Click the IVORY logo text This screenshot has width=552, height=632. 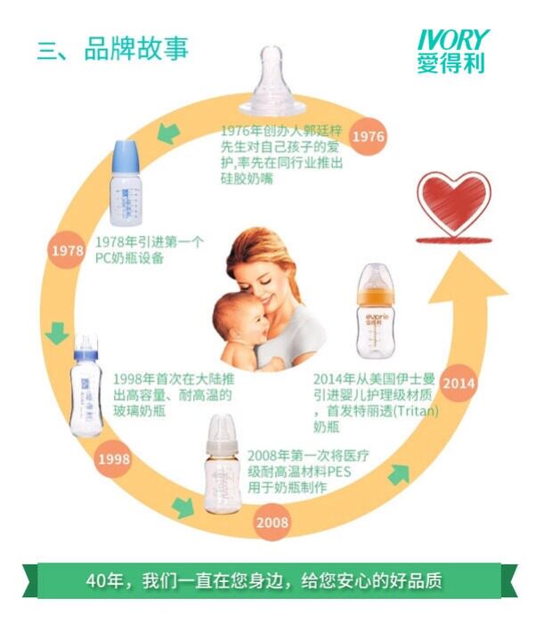(454, 40)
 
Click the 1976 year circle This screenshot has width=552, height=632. (368, 136)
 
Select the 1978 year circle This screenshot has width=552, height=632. (67, 251)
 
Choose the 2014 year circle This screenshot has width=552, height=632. (459, 383)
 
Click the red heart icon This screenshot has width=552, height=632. (454, 200)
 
